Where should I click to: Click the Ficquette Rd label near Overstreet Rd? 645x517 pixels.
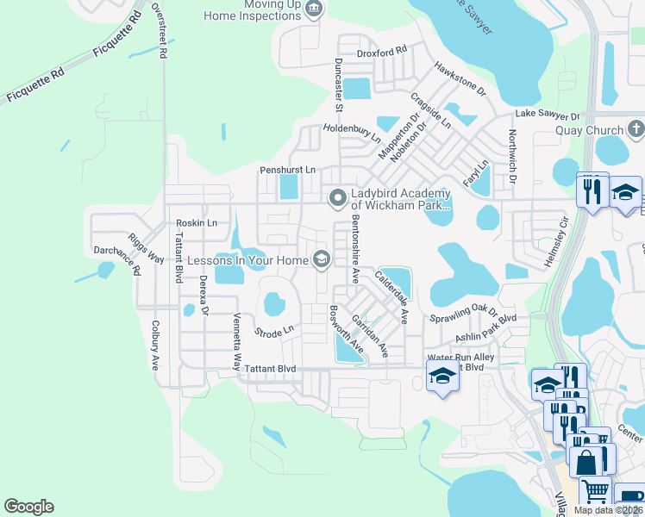tap(112, 39)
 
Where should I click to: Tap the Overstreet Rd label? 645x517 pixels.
tap(158, 30)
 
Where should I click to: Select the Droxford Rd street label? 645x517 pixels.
tap(381, 52)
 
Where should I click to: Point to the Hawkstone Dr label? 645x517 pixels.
tap(460, 79)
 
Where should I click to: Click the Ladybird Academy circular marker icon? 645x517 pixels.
tap(337, 198)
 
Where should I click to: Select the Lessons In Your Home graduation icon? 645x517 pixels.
tap(322, 258)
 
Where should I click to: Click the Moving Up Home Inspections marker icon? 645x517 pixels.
tap(313, 9)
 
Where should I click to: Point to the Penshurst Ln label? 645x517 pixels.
tap(288, 170)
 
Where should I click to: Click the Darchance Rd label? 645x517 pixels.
tap(117, 261)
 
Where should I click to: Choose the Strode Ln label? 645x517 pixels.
tap(274, 330)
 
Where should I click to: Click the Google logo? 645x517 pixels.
tap(28, 507)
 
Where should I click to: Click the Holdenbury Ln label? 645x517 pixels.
tap(352, 132)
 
